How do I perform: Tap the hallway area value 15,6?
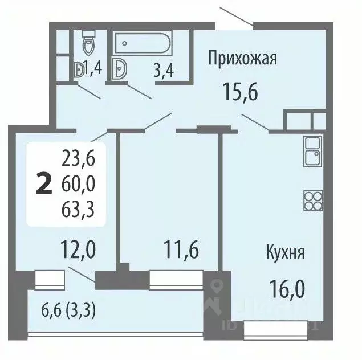241,91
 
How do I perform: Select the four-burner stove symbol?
312,199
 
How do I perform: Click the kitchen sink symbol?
312,151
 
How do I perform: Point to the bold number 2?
42,183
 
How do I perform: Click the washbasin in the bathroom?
120,68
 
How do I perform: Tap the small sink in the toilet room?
78,69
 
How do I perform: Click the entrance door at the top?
235,17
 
